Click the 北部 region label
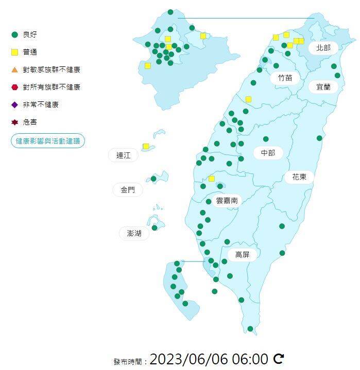pyautogui.click(x=323, y=48)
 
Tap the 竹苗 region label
pyautogui.click(x=285, y=78)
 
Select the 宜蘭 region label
pyautogui.click(x=323, y=87)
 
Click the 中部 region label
pyautogui.click(x=268, y=153)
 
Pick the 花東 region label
pyautogui.click(x=299, y=177)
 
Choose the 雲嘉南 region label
pyautogui.click(x=227, y=201)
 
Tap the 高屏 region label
pyautogui.click(x=242, y=254)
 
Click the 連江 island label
pyautogui.click(x=124, y=155)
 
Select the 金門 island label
pyautogui.click(x=128, y=190)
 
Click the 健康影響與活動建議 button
pyautogui.click(x=48, y=140)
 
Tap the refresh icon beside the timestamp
pyautogui.click(x=279, y=359)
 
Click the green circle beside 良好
pyautogui.click(x=14, y=34)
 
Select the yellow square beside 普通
pyautogui.click(x=14, y=52)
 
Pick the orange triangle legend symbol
pyautogui.click(x=14, y=69)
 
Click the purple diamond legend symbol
pyautogui.click(x=14, y=104)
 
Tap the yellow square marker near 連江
pyautogui.click(x=146, y=147)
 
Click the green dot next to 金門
pyautogui.click(x=153, y=179)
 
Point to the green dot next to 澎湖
pyautogui.click(x=155, y=227)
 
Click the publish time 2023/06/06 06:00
pyautogui.click(x=209, y=359)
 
